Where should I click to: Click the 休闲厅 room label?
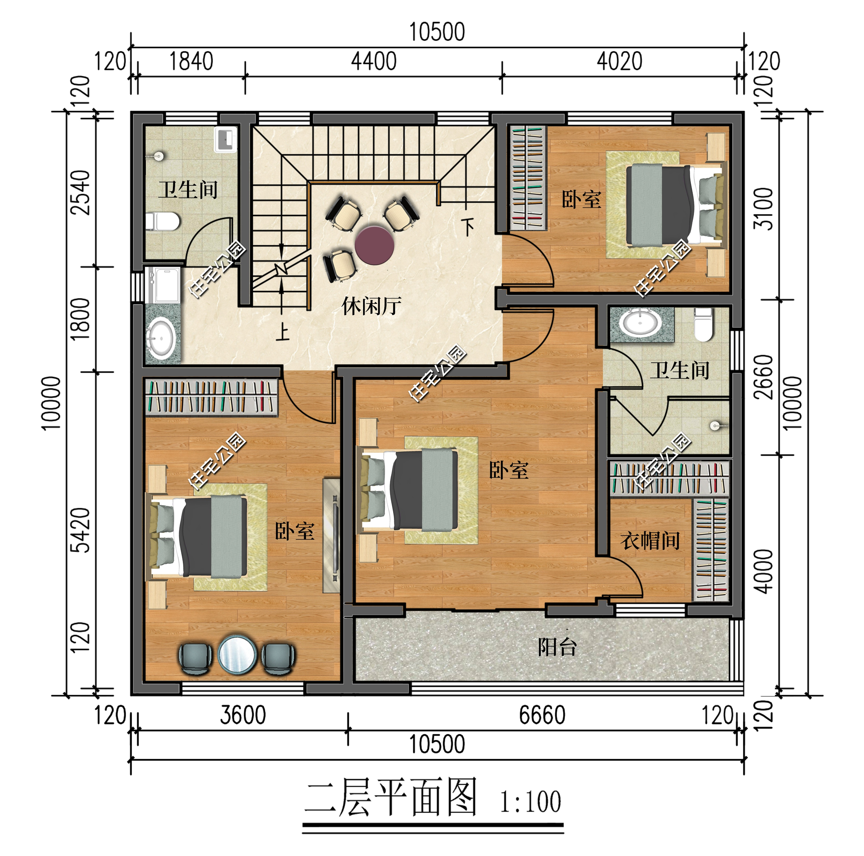(x=371, y=306)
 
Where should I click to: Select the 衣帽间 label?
(x=650, y=541)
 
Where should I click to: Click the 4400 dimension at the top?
(x=373, y=61)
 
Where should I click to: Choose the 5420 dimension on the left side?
(x=81, y=530)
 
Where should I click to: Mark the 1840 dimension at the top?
(x=191, y=61)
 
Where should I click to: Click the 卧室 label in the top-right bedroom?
(x=581, y=200)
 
